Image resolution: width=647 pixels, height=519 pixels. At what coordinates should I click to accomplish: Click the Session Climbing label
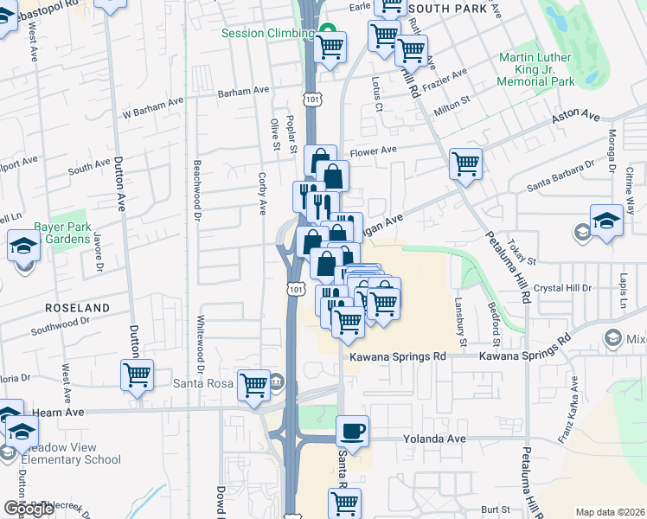pyautogui.click(x=267, y=34)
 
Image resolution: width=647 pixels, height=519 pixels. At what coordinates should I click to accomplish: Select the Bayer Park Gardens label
pyautogui.click(x=61, y=234)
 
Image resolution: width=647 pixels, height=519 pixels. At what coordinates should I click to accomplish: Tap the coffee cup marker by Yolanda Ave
pyautogui.click(x=352, y=430)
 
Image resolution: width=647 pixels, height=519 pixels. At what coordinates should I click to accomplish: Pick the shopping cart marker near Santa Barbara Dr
pyautogui.click(x=465, y=162)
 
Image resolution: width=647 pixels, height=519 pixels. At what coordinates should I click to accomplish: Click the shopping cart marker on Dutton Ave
pyautogui.click(x=137, y=375)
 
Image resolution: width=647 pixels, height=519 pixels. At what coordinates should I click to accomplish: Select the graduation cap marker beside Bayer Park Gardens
pyautogui.click(x=22, y=245)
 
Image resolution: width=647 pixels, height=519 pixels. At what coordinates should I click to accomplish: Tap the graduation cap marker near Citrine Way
pyautogui.click(x=606, y=220)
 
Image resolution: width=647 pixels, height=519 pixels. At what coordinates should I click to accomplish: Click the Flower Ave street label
pyautogui.click(x=373, y=150)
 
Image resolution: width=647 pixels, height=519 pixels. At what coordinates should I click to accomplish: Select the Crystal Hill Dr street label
pyautogui.click(x=561, y=287)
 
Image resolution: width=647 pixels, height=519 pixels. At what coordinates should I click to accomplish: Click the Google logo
pyautogui.click(x=29, y=509)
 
